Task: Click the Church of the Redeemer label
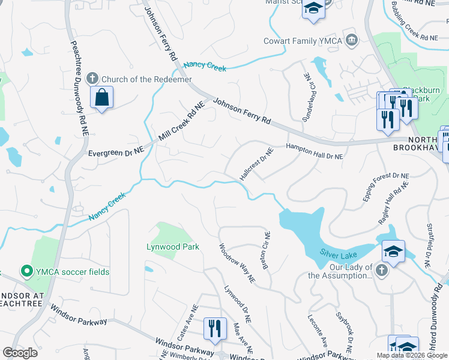tap(146, 79)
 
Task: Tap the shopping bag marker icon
tap(101, 97)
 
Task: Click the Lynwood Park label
tap(173, 247)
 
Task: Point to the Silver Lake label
tap(339, 253)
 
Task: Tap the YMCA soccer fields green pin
tap(26, 272)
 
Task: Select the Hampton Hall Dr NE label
tap(314, 151)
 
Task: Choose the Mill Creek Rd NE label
tap(181, 122)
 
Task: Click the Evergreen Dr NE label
tap(116, 153)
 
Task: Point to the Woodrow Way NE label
tap(237, 263)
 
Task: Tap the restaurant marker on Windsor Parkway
tap(214, 329)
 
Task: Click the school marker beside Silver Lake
tap(393, 252)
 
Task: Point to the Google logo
tap(20, 353)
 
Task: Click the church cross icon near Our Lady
tap(381, 271)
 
